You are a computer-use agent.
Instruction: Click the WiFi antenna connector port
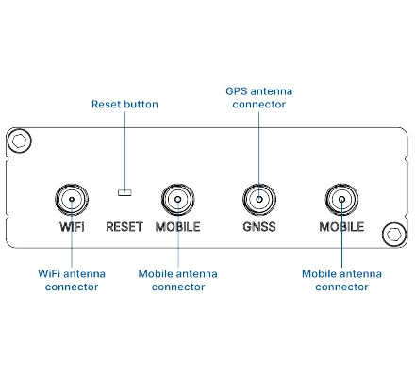(72, 199)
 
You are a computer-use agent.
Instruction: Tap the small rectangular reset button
(124, 192)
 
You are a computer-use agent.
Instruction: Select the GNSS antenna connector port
(259, 199)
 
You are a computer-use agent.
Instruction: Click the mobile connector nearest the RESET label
(178, 199)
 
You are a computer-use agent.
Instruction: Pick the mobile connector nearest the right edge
(341, 199)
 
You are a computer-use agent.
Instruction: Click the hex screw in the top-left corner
(19, 140)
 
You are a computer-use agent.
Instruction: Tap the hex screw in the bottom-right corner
(394, 234)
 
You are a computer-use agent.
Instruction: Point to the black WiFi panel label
(72, 226)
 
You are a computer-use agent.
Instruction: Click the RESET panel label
(124, 226)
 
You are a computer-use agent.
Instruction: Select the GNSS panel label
(259, 226)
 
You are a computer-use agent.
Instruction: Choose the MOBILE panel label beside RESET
(178, 226)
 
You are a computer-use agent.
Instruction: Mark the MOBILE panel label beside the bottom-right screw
(341, 226)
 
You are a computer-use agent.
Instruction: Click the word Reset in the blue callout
(106, 104)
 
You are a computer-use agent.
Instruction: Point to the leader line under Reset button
(124, 151)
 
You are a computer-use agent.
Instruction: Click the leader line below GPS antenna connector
(259, 156)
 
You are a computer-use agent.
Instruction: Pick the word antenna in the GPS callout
(272, 91)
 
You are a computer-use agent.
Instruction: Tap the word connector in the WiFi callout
(72, 287)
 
